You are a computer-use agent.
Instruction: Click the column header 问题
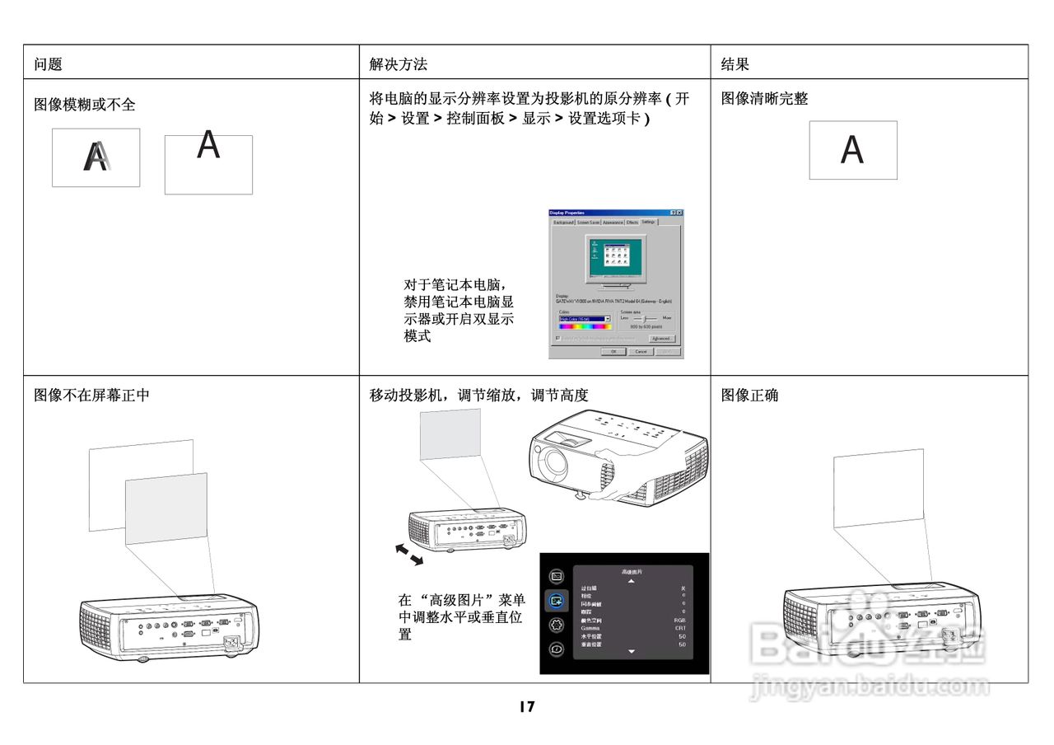tap(49, 64)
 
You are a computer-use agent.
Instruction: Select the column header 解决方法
tap(399, 64)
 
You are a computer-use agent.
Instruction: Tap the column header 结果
tap(735, 64)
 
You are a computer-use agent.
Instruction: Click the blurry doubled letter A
tap(96, 157)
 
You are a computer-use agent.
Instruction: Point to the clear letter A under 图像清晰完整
tap(852, 150)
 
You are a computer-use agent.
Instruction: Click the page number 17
tap(527, 706)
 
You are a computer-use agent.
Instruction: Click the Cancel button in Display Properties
tap(641, 352)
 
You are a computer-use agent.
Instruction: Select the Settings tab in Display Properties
tap(649, 222)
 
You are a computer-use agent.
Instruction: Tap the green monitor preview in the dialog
tap(615, 257)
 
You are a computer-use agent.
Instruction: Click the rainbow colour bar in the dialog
tap(584, 326)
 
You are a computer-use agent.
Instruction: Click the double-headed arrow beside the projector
tap(409, 555)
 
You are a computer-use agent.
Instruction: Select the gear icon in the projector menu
tap(557, 624)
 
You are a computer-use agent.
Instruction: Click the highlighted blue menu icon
tap(557, 600)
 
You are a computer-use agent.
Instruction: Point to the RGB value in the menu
tap(679, 620)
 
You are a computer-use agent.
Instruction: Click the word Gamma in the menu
tap(590, 628)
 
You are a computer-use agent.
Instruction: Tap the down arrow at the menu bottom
tap(632, 652)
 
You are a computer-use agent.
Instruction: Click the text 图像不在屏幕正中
tap(91, 396)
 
